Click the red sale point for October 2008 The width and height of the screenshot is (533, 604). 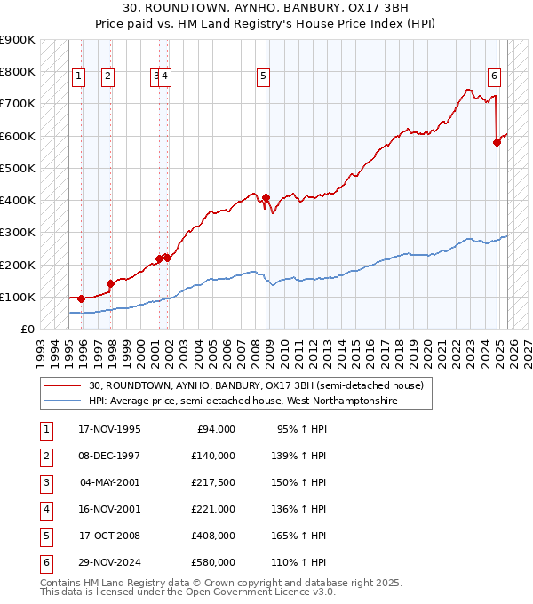266,197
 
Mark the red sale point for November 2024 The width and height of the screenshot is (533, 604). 497,142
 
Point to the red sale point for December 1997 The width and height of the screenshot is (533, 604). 110,284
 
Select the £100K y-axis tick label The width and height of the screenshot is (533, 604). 18,297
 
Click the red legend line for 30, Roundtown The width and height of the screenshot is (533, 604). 62,386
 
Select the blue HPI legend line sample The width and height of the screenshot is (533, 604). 62,401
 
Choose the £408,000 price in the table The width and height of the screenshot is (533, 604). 212,536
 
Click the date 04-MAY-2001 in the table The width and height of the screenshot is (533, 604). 110,482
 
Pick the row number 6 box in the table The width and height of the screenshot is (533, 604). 45,562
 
